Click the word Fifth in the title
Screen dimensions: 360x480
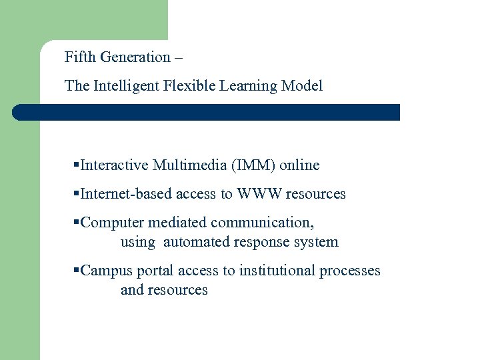pos(79,57)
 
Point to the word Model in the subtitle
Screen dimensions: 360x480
pos(302,86)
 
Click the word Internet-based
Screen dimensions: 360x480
pos(125,194)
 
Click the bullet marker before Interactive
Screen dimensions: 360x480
pos(77,165)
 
